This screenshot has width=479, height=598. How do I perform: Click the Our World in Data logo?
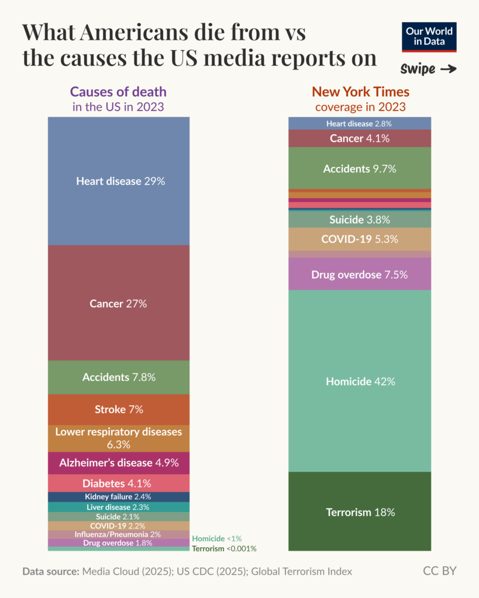[430, 37]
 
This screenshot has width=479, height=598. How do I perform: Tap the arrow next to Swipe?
[448, 69]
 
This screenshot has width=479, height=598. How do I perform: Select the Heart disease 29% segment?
[119, 181]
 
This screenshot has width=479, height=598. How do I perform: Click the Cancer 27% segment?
[119, 303]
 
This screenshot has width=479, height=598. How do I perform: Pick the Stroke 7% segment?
[119, 409]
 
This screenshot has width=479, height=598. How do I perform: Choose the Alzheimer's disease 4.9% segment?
[119, 463]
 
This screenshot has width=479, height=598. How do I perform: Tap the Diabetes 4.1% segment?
[119, 483]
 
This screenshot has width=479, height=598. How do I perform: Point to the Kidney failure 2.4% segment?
[119, 496]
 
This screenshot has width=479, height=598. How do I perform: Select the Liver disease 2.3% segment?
[119, 507]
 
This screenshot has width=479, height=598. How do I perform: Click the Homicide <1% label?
[216, 538]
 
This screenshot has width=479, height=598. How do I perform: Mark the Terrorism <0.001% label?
[224, 548]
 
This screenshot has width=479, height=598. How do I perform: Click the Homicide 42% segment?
[360, 381]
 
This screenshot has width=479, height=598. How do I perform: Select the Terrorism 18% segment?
[360, 512]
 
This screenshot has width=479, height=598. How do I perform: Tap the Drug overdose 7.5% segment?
[360, 274]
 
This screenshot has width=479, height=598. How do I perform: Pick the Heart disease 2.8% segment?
[360, 123]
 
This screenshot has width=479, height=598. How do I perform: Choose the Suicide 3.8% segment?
[360, 220]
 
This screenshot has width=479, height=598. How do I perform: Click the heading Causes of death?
[118, 92]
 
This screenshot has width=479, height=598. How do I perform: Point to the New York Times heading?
[360, 92]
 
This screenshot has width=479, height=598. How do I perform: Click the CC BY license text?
[439, 571]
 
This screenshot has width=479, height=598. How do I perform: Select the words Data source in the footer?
[50, 571]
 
